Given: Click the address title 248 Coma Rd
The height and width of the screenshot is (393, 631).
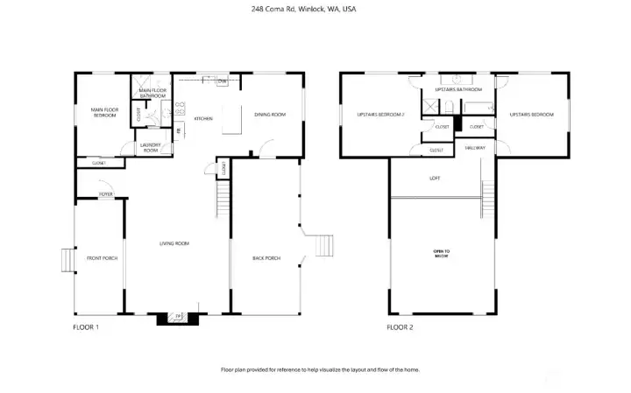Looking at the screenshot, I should coord(303,9).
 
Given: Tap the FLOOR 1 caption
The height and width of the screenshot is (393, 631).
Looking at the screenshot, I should coord(86,327).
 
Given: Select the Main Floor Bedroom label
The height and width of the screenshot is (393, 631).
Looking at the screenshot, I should coord(104,112).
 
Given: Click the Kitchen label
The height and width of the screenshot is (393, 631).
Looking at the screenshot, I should coord(203,118).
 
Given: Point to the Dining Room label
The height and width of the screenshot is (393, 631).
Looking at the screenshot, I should coord(270,114).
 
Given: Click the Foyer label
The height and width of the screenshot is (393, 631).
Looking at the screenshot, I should coord(105,193).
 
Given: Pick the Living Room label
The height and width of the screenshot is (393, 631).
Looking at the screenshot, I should coord(174,243).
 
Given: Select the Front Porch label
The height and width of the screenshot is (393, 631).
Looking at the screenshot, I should coord(102,258).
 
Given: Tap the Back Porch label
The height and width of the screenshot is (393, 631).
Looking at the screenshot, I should coord(266,258).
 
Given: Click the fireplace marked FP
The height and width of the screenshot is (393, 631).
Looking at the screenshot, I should coord(178,317).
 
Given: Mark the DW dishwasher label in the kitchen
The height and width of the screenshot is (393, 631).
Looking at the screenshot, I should coord(223,81).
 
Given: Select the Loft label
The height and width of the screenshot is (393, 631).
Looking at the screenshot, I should coord(435,179).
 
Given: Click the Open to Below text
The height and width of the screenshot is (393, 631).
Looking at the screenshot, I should coord(442,254).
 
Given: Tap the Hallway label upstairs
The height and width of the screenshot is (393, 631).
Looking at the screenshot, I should coord(475,148).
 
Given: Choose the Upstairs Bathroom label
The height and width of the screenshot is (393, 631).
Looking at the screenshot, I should coord(458,89).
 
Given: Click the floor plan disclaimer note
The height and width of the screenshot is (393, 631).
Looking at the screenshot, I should coord(320,369).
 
